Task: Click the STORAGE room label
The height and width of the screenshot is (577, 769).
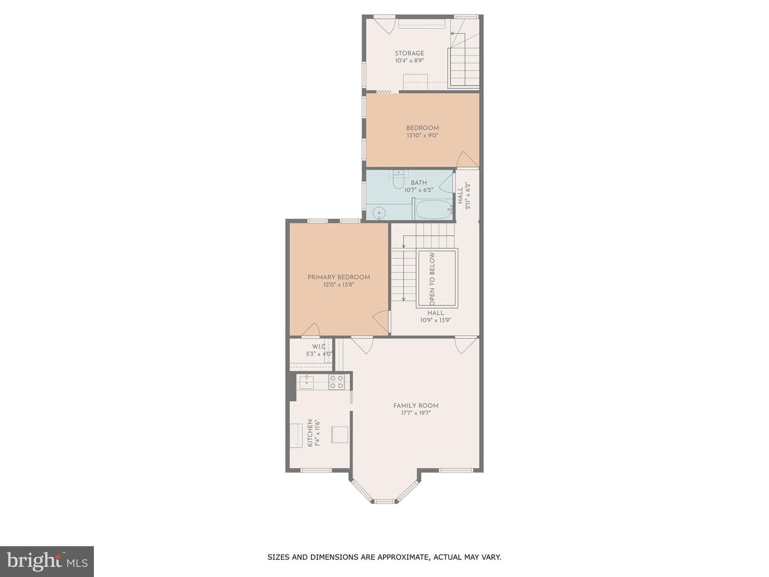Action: [x=409, y=53]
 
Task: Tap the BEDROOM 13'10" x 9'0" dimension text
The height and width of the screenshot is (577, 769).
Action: [x=422, y=135]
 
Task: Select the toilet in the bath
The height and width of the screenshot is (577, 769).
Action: [x=398, y=180]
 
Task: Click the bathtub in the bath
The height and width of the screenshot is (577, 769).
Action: [x=434, y=209]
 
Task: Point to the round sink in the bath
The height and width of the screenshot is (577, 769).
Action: [x=379, y=213]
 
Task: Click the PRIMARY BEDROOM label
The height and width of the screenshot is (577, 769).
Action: [x=339, y=277]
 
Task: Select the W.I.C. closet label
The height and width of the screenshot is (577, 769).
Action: [x=319, y=347]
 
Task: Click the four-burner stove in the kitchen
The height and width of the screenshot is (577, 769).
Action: [x=336, y=382]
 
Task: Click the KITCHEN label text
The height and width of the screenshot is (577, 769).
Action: [x=310, y=433]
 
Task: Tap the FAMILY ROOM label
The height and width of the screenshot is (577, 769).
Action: [x=415, y=406]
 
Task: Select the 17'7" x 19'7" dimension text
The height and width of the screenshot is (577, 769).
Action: [x=415, y=413]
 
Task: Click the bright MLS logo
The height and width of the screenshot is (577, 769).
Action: [x=47, y=562]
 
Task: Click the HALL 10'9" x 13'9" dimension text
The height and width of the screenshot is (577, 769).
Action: [x=435, y=320]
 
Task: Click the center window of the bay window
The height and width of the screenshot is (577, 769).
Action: [x=383, y=502]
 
